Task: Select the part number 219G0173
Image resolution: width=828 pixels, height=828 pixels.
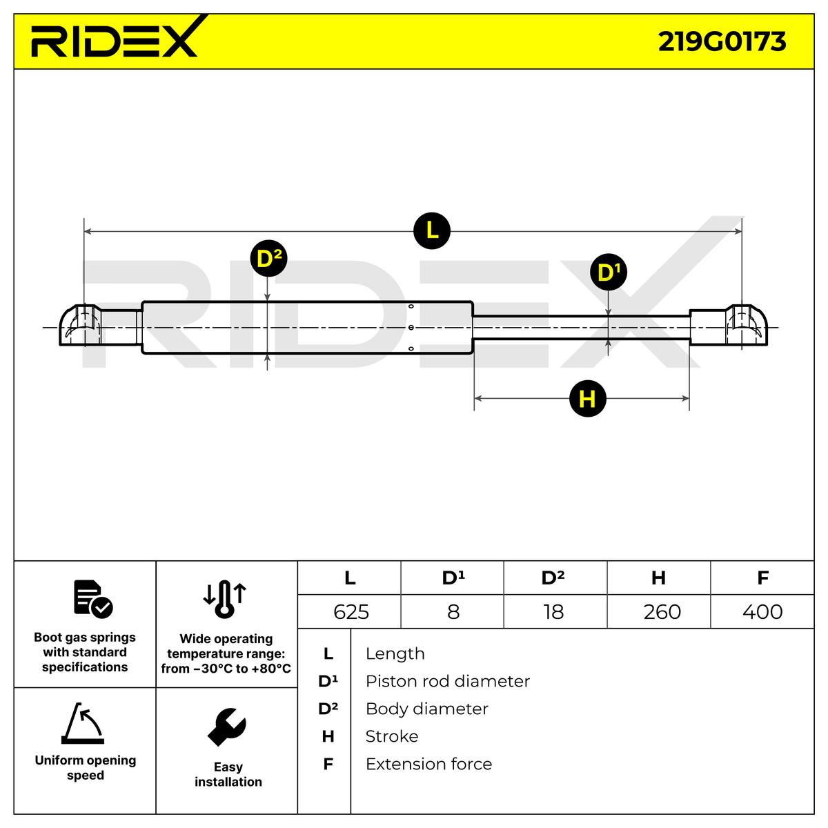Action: point(722,42)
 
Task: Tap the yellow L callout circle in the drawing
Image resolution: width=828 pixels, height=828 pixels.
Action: point(432,230)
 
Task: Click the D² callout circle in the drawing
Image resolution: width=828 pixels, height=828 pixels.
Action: point(268,259)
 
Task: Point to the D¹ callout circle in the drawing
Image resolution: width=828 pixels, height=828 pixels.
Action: point(608,273)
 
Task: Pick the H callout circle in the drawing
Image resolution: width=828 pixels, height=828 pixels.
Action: point(587,399)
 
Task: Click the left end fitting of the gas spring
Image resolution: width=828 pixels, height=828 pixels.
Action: point(80,326)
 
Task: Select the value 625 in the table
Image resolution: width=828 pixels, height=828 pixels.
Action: point(351,612)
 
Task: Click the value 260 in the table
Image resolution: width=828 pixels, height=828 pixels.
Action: point(661,612)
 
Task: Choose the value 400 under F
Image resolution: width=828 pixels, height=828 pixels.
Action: point(762,612)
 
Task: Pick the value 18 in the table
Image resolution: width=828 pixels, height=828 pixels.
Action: point(553,612)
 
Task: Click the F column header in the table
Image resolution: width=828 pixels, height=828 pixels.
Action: point(762,578)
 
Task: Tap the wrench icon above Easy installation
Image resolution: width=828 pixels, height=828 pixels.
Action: point(227,727)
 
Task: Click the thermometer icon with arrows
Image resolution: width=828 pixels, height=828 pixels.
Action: point(225,598)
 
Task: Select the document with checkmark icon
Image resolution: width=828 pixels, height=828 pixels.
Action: point(92,598)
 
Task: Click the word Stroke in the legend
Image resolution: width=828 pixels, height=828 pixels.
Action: point(392,736)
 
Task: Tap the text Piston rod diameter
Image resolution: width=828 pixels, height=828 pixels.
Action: point(447,681)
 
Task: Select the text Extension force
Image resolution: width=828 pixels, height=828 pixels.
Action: point(428,764)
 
